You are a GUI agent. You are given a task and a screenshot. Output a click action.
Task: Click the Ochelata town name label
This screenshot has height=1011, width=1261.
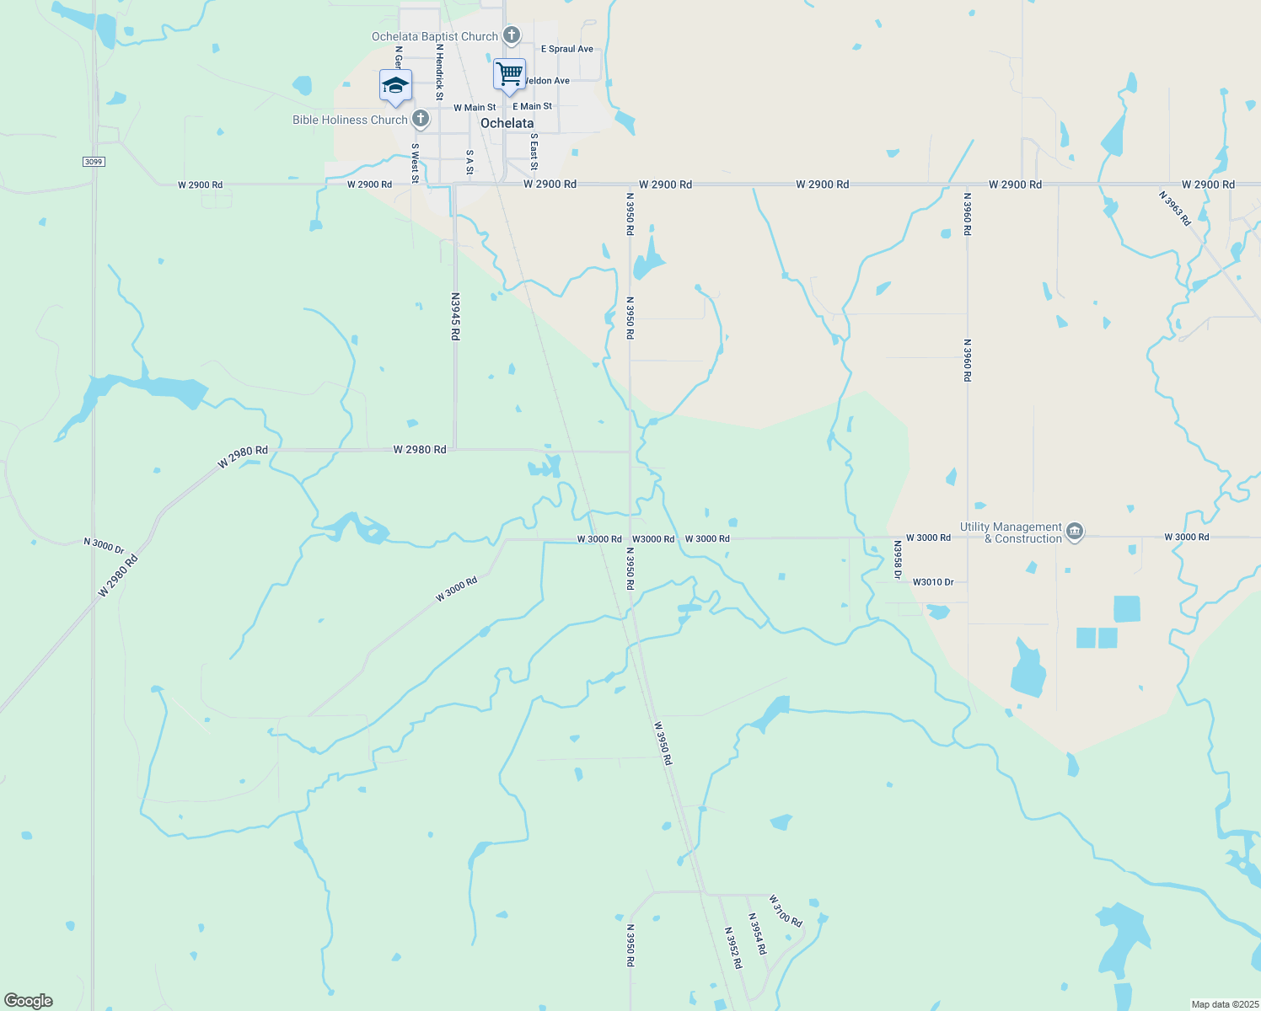507,123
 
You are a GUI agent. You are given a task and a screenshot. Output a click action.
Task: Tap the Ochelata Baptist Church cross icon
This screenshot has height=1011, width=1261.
511,35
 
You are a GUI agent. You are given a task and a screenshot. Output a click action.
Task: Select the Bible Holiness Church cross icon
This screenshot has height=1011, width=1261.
421,119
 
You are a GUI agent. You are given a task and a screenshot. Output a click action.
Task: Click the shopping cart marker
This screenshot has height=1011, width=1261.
509,74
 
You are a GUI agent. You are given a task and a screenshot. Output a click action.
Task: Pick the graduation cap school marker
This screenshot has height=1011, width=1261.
395,85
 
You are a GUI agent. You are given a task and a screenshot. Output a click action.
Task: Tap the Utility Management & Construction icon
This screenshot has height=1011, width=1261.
1075,532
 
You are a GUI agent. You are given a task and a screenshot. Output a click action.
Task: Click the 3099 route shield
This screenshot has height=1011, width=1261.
94,161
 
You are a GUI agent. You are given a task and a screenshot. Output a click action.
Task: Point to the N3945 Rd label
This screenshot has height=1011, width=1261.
455,316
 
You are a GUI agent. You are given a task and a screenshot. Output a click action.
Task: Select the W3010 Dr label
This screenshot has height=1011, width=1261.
933,582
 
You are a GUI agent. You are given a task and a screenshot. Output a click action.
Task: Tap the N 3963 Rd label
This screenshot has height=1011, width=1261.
1175,208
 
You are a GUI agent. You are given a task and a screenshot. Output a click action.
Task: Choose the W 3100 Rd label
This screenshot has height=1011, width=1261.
785,911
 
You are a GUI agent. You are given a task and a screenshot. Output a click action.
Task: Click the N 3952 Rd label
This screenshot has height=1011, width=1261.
733,948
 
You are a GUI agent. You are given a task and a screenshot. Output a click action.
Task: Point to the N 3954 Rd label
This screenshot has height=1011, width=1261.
757,933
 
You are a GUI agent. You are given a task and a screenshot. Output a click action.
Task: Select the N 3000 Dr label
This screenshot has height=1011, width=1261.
104,546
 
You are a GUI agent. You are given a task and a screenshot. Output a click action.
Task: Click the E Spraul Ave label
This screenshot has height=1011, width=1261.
567,49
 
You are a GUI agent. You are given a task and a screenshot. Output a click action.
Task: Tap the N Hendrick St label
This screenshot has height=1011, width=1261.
439,72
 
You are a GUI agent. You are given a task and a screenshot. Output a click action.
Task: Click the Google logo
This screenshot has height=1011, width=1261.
29,1001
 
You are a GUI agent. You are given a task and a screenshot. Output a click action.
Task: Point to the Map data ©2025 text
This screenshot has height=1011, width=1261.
1223,1004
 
